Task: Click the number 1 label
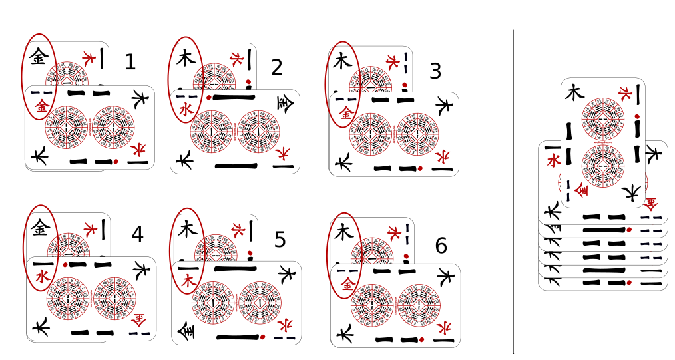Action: point(130,62)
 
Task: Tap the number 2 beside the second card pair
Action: point(277,67)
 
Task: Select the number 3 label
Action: point(435,71)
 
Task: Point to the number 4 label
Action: point(137,234)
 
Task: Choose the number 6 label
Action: point(441,246)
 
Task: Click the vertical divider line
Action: point(513,193)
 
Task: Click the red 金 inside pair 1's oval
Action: point(41,105)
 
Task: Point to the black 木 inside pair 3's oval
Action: point(342,62)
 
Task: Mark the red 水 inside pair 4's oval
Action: point(43,276)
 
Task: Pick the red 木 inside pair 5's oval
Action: point(186,281)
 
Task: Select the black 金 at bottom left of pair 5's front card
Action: point(184,330)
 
